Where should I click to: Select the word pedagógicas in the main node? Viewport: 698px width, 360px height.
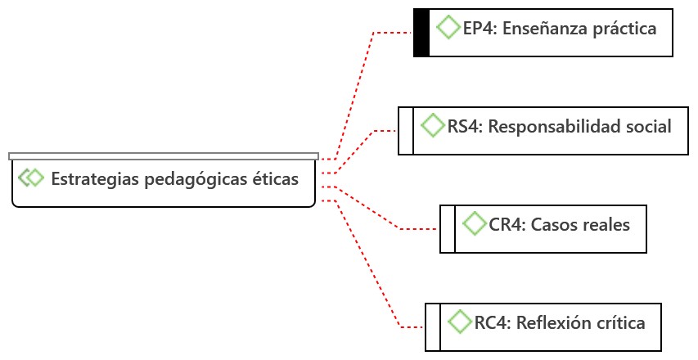191,178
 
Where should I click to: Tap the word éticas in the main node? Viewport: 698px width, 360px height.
272,178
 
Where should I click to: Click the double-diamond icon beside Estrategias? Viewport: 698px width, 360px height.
31,178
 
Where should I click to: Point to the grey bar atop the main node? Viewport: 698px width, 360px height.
164,155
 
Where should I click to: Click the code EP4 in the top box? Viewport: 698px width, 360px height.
479,29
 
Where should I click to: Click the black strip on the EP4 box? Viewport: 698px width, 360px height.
421,33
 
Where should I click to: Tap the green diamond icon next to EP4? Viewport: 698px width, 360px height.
448,27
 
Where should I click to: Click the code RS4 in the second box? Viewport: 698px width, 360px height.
463,127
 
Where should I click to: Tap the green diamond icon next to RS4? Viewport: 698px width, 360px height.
432,125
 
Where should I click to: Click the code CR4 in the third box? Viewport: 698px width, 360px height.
506,225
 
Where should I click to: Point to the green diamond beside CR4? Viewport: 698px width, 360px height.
474,223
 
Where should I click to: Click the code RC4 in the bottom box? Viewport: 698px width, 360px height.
491,323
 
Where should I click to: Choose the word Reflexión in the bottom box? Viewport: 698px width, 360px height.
552,323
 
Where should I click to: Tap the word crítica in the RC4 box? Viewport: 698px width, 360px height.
619,323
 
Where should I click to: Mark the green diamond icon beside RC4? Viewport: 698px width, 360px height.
460,321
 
